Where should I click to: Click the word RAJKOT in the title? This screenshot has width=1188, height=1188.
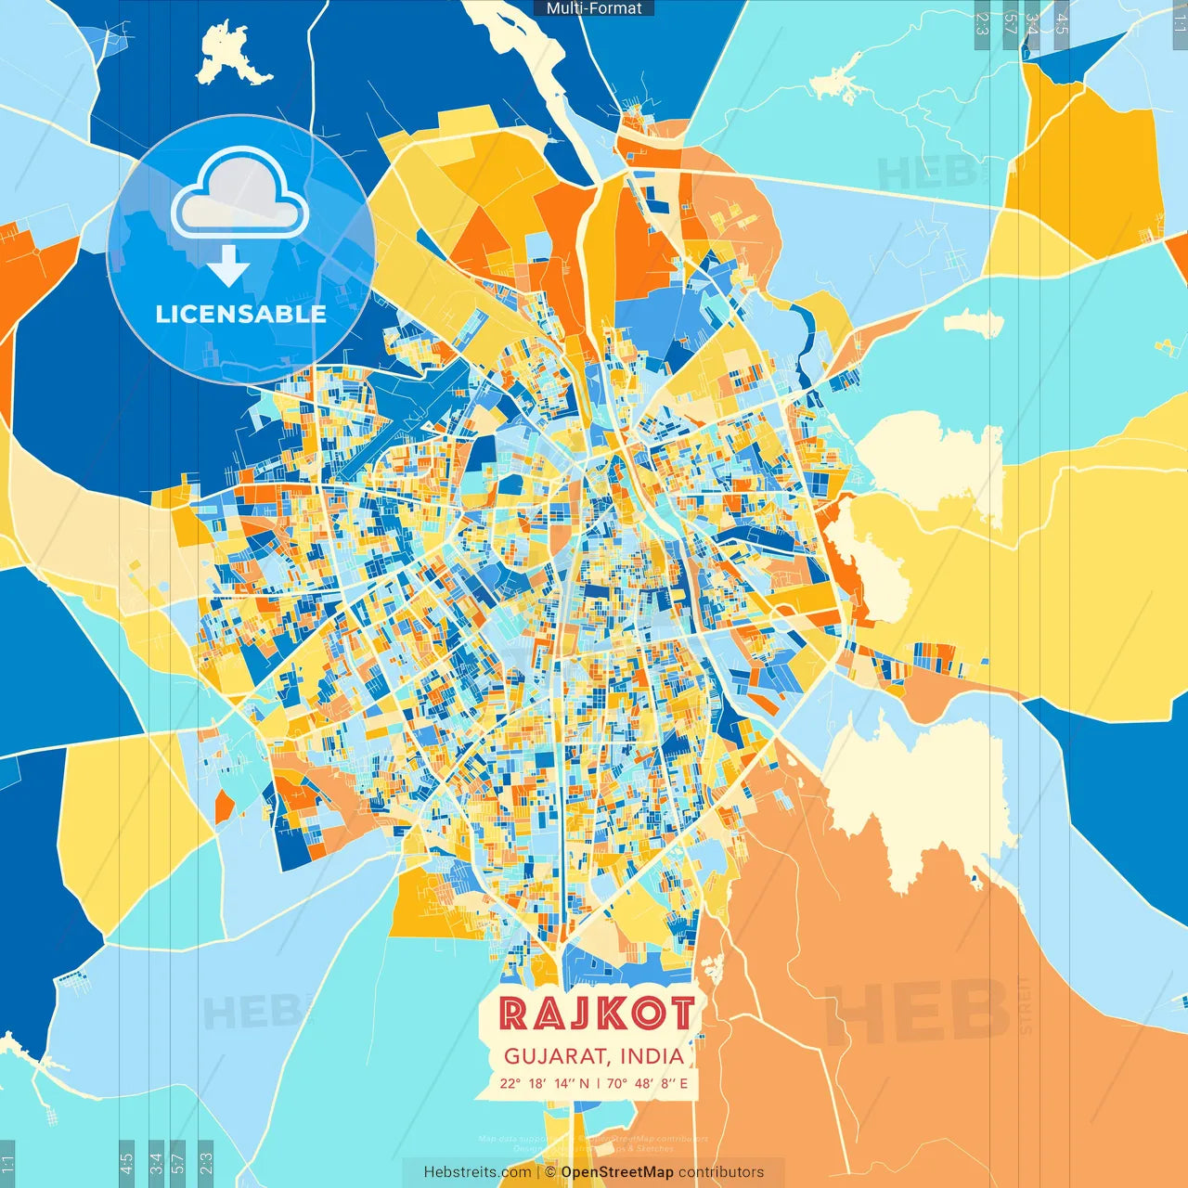596,1014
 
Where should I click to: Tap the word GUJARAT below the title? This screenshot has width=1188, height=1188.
555,1056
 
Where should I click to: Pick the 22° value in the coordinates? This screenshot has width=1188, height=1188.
510,1083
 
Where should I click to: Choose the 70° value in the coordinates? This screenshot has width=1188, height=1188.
617,1083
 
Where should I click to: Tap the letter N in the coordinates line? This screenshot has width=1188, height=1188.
584,1083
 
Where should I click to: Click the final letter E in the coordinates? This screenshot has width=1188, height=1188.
684,1083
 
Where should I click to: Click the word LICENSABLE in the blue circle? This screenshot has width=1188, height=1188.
240,314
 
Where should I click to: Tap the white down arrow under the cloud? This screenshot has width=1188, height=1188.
228,265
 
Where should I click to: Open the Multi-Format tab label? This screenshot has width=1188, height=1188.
594,8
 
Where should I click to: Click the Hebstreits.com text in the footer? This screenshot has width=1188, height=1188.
477,1172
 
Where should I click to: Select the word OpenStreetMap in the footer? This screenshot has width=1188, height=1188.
616,1172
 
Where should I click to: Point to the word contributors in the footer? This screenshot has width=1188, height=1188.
721,1172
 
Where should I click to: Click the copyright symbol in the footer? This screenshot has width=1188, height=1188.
550,1172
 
